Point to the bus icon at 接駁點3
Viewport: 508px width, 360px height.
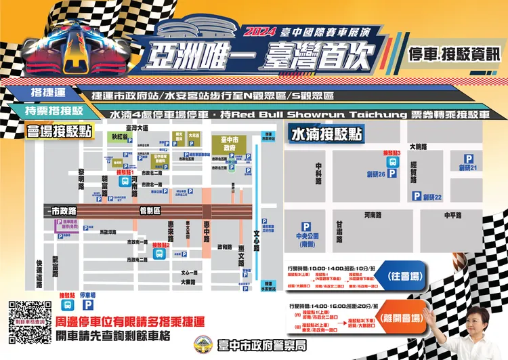click(392, 163)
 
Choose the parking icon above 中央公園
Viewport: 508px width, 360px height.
click(306, 227)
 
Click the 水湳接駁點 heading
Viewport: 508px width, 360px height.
click(327, 134)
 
